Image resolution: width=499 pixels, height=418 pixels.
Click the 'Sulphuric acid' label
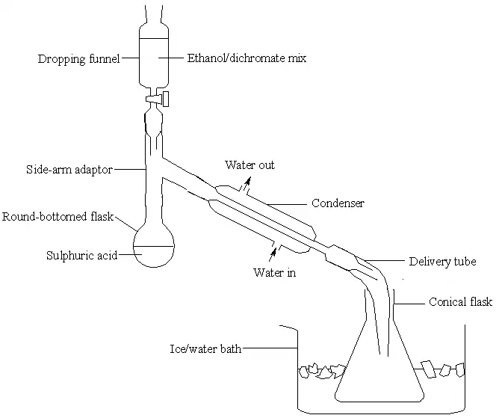81,255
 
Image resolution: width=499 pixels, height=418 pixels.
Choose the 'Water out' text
249,165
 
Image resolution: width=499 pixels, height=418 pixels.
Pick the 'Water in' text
275,272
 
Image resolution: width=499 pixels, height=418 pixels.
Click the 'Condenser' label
337,203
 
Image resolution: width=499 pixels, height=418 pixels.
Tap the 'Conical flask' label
460,302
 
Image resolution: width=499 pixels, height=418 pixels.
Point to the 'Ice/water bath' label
204,348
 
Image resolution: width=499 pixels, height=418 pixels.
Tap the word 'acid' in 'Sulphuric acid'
105,255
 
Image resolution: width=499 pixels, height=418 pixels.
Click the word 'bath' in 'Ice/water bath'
229,348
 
